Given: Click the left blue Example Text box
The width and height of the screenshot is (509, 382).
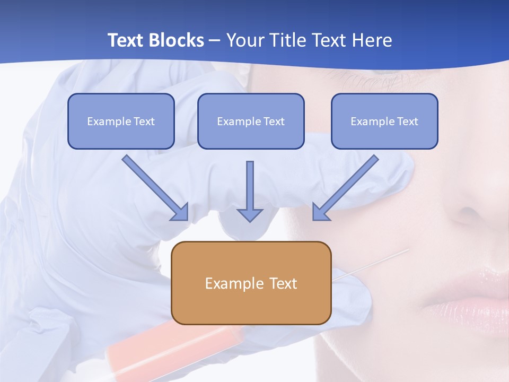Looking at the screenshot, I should point(121,121).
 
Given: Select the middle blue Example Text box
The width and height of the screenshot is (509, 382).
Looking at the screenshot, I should point(251,121).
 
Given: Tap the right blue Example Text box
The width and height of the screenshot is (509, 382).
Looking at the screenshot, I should point(384,121).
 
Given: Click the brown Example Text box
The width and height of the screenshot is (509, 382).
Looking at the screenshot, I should point(251,283).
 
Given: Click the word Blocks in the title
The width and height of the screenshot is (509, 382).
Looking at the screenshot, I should point(178,40).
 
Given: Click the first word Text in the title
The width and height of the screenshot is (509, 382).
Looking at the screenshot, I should point(126,40).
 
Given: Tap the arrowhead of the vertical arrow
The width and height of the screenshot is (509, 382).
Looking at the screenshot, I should point(250,215).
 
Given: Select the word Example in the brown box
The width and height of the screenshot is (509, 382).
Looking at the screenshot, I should point(227,283).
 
